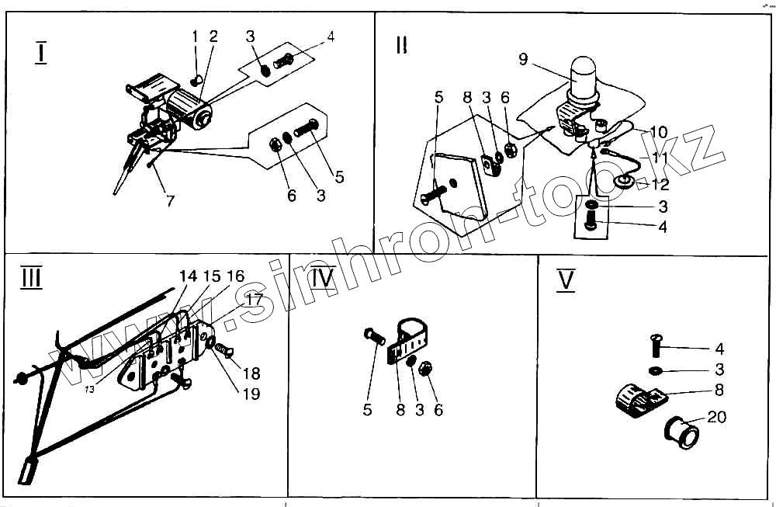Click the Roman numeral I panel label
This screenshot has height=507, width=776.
click(40, 53)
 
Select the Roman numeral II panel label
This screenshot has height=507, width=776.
click(401, 44)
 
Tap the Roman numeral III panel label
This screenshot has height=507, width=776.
click(31, 278)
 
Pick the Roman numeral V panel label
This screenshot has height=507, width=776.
click(566, 280)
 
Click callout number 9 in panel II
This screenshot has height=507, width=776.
click(523, 58)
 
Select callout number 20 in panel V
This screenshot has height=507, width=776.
click(717, 417)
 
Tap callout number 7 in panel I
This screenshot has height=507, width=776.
click(170, 200)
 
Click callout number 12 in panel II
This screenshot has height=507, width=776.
click(660, 185)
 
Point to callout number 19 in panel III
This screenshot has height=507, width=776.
click(251, 394)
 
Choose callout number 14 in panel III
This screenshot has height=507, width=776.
click(188, 276)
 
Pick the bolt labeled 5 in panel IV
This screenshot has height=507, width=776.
click(373, 337)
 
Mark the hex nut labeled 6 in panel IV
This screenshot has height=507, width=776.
click(426, 369)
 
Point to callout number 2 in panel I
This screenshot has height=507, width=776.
click(213, 36)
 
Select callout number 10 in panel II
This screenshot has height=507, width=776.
click(658, 133)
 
